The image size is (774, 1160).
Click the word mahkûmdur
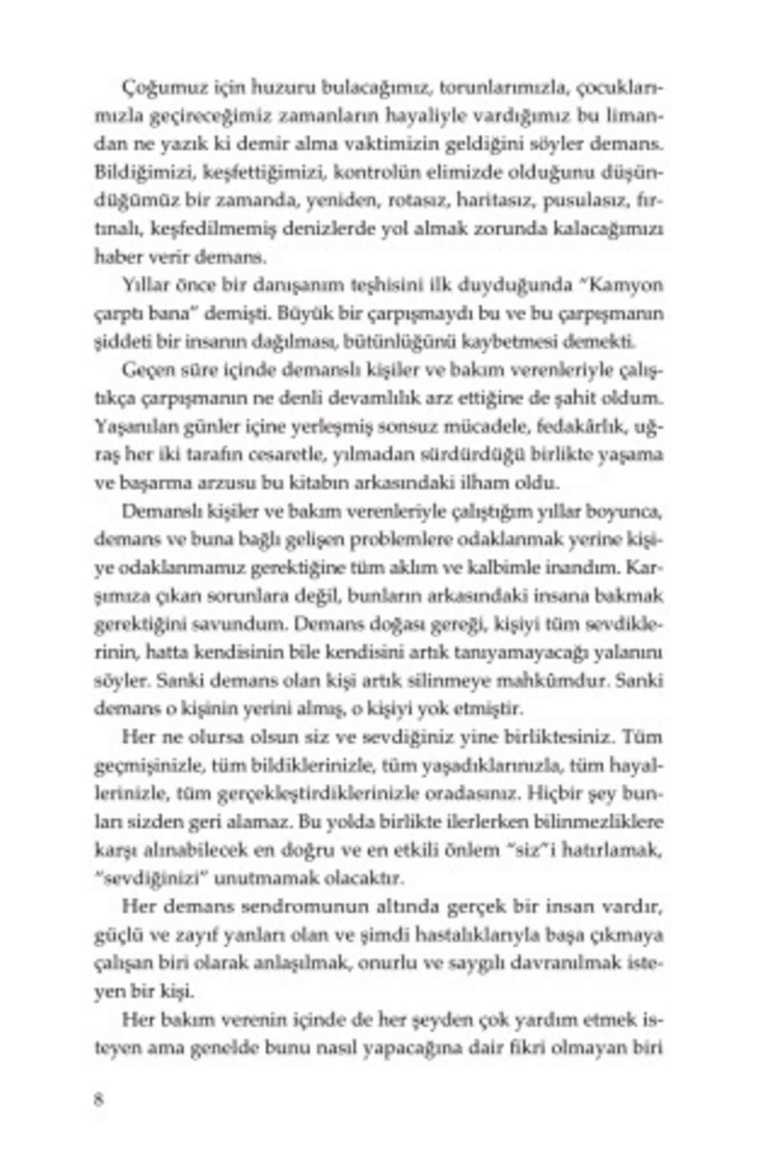pos(571,681)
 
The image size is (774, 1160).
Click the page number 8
pos(99,1099)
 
